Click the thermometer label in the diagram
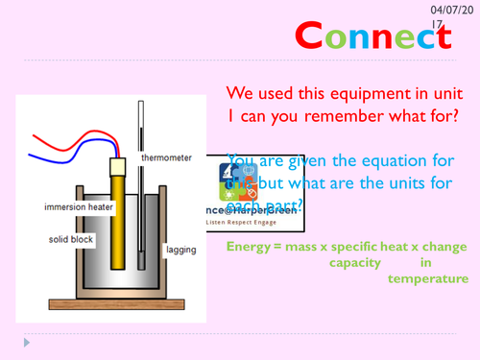point(165,156)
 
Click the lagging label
point(180,250)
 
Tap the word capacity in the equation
point(354,262)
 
